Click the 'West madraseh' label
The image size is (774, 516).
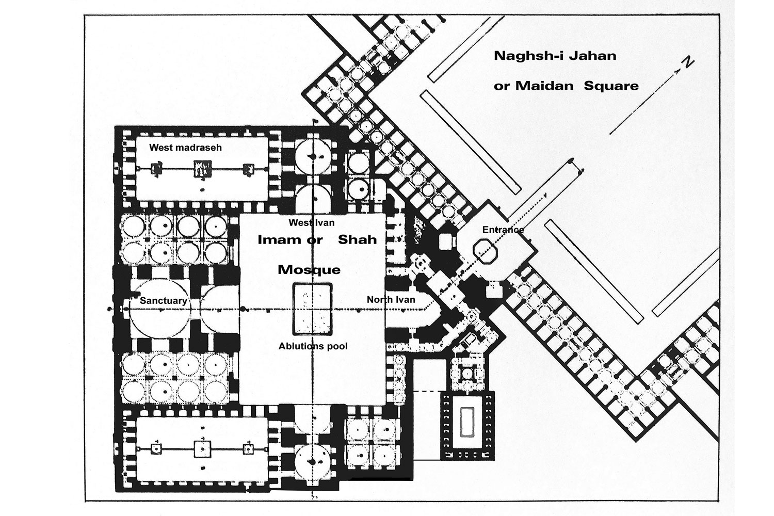185,148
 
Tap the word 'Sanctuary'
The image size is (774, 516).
163,301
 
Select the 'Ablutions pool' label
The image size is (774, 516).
313,346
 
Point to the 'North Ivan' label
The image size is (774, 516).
391,300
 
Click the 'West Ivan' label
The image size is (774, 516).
312,222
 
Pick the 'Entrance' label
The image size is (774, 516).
503,230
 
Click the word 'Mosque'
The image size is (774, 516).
309,270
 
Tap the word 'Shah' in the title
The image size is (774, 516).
357,239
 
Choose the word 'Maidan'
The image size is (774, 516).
544,86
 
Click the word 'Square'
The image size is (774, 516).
611,86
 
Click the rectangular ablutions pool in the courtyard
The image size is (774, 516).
313,309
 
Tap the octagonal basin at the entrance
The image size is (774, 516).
485,252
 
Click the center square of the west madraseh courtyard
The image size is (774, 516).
202,169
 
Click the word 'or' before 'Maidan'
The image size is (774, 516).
502,86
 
